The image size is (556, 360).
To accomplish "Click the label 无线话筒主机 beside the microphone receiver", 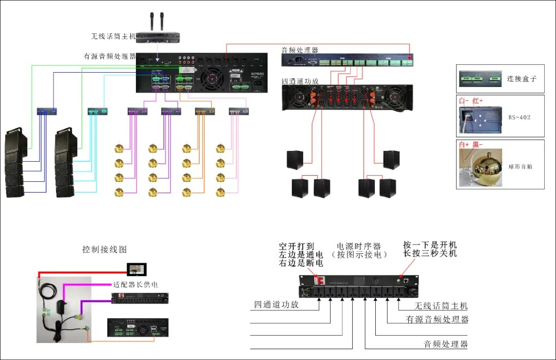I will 113,36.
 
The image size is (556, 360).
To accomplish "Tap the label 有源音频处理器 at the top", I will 110,56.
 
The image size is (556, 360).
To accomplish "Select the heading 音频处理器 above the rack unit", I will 300,50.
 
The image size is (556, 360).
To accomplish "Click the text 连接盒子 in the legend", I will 522,79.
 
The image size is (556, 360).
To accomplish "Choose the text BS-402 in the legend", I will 519,117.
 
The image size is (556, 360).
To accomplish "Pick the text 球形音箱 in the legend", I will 520,167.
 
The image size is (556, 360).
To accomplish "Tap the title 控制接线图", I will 105,249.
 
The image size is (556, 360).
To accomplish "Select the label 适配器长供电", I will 135,284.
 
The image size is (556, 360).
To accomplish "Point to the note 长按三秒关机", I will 430,254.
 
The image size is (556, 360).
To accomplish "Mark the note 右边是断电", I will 301,263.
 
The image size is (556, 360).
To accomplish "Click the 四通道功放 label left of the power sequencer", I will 276,304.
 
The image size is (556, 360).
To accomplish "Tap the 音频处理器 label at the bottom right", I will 445,344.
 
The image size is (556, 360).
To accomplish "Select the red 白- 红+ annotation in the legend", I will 471,101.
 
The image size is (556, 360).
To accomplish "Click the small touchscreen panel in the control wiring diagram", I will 137,269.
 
